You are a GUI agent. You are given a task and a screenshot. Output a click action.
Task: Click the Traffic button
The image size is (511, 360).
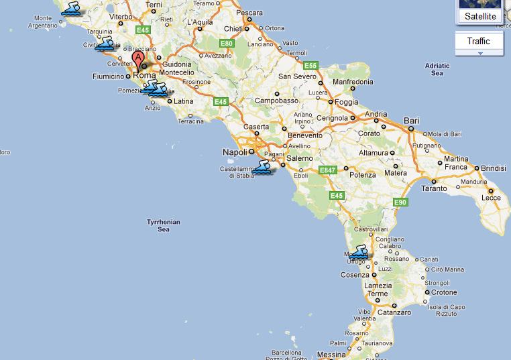[x=478, y=42]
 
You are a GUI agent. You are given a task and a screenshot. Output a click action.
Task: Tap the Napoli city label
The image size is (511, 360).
[x=235, y=152]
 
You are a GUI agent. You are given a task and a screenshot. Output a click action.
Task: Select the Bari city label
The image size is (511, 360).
[x=411, y=121]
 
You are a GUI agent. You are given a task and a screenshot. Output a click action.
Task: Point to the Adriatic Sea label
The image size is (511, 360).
[x=437, y=70]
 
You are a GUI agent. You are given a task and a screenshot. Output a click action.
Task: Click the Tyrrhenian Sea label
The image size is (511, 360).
[x=163, y=225]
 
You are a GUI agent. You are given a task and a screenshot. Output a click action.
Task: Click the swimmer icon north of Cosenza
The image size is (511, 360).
[x=359, y=252]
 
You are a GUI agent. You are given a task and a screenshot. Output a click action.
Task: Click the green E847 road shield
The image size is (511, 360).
[x=327, y=170]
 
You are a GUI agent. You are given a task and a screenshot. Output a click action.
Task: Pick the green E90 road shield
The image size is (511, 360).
[x=400, y=202]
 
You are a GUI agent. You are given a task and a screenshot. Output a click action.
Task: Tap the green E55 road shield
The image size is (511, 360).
[x=310, y=66]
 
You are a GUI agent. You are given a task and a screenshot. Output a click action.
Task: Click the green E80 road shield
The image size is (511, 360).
[x=227, y=44]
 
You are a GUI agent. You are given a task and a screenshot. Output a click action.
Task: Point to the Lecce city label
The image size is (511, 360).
[x=491, y=198]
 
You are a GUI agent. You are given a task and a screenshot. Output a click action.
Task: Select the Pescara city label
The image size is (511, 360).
[x=249, y=13]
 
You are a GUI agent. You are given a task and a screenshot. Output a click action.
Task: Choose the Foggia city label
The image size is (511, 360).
[x=346, y=103]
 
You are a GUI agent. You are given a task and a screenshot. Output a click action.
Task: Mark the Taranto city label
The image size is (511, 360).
[x=434, y=188]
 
